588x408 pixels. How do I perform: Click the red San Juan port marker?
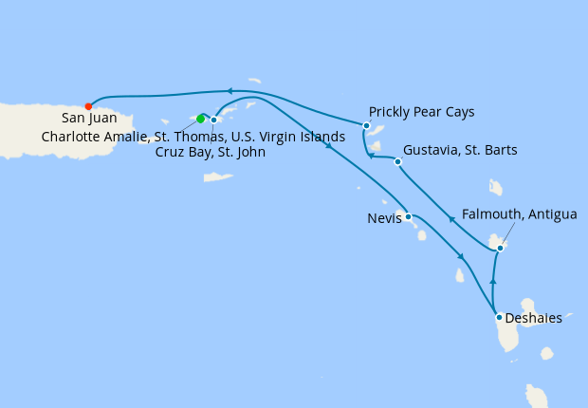(x=88, y=106)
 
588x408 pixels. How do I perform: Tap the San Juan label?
(x=89, y=119)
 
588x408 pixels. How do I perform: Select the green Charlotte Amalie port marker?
(x=200, y=120)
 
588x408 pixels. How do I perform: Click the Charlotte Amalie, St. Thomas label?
(x=193, y=136)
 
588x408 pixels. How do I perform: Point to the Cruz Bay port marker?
(x=214, y=121)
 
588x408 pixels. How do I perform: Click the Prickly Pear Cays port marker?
(x=366, y=125)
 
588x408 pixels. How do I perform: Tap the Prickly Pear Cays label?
(x=421, y=112)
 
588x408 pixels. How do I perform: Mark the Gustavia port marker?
(x=397, y=161)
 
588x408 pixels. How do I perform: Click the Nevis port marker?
(x=408, y=217)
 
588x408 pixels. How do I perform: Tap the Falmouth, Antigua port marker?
(x=500, y=249)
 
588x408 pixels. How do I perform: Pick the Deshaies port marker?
(x=499, y=317)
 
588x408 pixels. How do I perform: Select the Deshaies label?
(x=534, y=319)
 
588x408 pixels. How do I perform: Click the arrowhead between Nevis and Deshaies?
(x=460, y=257)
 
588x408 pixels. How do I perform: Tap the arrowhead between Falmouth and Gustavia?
(x=451, y=221)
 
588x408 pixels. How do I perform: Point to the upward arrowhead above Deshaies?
(x=493, y=281)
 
